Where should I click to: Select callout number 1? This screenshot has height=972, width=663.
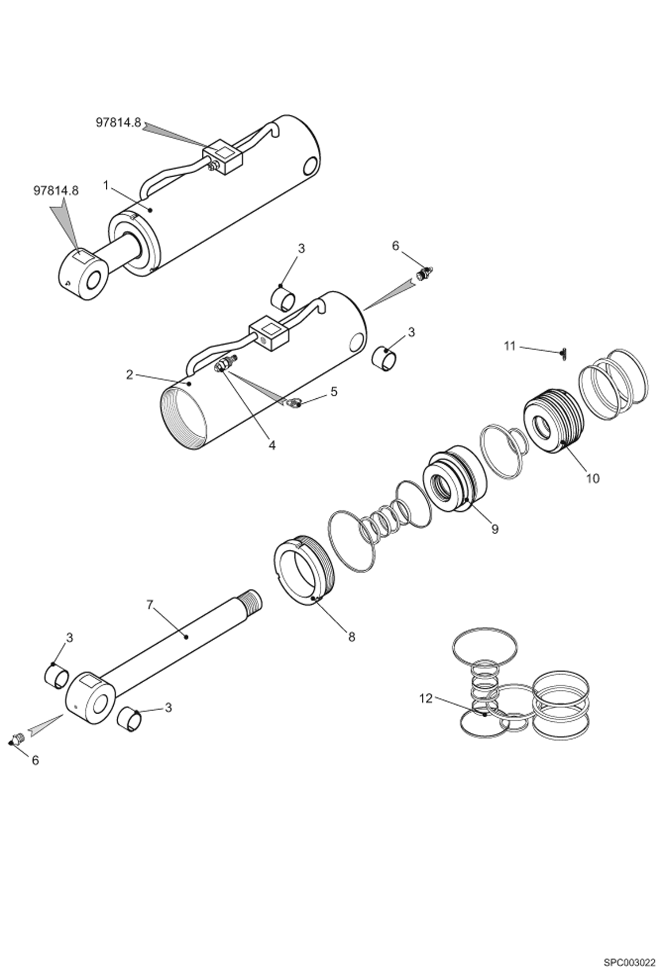coord(106,185)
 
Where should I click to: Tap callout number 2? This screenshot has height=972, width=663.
coord(129,375)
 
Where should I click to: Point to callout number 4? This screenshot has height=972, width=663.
coord(272,445)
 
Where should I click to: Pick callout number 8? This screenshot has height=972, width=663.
coord(351,638)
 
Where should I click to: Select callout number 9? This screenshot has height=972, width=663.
coord(495,529)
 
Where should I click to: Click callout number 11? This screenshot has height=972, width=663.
coord(510,346)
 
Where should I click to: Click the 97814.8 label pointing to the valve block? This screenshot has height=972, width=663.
coord(119,123)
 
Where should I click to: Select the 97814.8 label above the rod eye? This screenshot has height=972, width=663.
coord(56,191)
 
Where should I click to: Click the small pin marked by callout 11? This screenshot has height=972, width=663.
coord(564,354)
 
